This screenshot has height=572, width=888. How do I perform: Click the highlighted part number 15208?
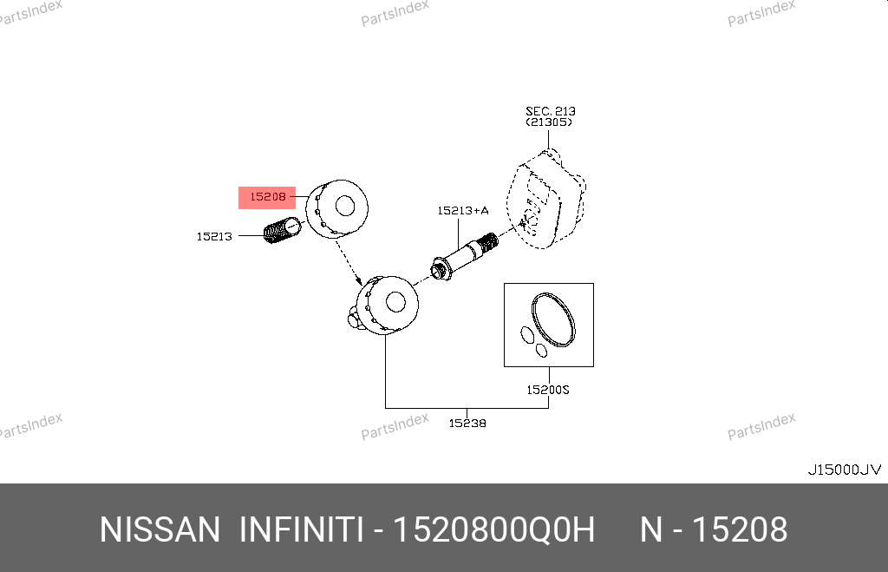click(267, 197)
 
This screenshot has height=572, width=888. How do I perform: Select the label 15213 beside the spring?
click(214, 236)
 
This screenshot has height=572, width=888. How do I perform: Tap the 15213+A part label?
click(462, 210)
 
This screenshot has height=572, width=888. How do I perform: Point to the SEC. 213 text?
click(550, 111)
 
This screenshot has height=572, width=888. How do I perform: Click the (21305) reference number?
click(550, 122)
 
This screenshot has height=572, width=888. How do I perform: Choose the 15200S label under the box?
click(548, 391)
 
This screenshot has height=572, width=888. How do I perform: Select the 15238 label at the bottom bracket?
click(467, 424)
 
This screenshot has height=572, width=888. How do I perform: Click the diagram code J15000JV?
click(844, 470)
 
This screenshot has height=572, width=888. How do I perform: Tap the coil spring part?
click(279, 232)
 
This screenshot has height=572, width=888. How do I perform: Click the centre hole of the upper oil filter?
click(345, 206)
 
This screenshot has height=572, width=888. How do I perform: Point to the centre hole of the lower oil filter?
click(395, 302)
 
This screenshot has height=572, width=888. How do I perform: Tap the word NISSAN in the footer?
click(160, 529)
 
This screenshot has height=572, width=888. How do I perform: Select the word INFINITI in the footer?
click(300, 529)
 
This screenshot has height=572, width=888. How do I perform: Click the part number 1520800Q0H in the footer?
click(494, 529)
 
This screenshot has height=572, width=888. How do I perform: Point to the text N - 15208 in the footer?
click(713, 529)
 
